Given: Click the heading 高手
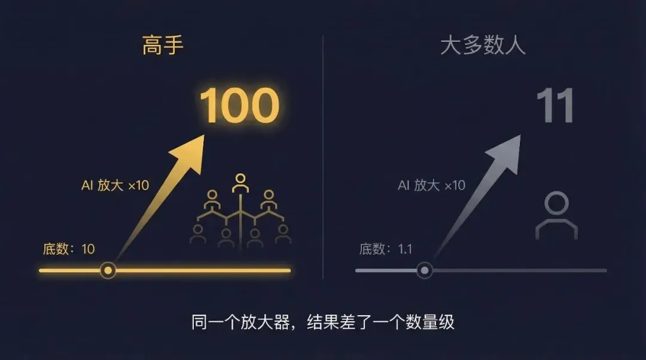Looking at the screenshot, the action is coord(163,46).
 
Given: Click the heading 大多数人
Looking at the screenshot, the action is coord(483,46).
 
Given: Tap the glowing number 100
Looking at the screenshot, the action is coord(239,106).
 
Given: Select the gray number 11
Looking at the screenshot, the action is coord(554,106).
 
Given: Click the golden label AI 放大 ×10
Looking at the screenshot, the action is coord(115,185).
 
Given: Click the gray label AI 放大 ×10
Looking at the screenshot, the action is coord(431,185).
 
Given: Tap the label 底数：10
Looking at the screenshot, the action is coord(69,249).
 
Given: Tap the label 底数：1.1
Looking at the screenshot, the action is coord(386,249).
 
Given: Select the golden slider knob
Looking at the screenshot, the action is coord(108,270).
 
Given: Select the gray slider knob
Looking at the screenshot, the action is coord(424,270).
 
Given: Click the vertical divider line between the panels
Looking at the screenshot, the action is coord(323,155).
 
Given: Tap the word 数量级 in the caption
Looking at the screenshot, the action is coord(435,322).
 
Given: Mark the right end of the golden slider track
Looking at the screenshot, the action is coord(290,270).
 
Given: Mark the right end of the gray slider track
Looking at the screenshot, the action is coord(605,270).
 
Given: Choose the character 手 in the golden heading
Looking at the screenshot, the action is coord(173,46).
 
